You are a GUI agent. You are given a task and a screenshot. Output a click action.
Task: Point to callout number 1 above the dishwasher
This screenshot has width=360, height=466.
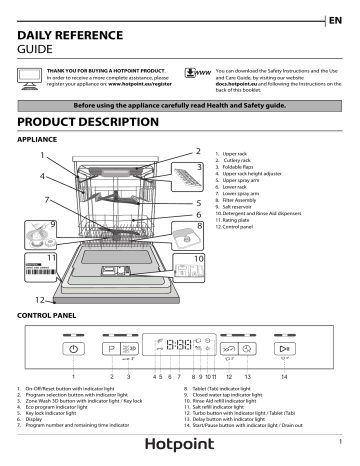pyautogui.click(x=42, y=156)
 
